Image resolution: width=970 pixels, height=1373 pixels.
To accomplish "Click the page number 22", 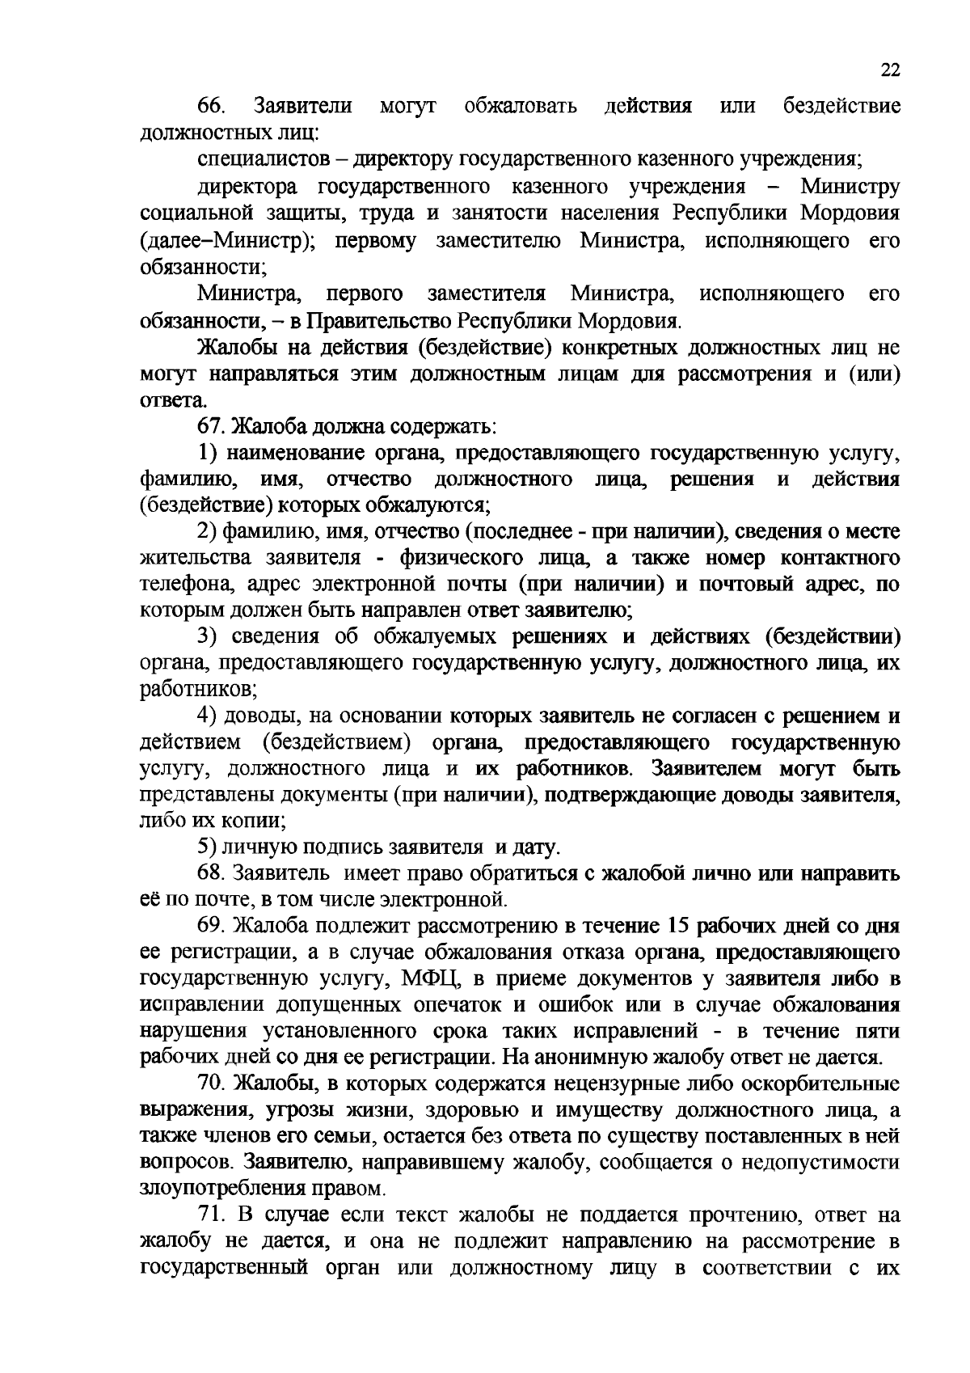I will (889, 70).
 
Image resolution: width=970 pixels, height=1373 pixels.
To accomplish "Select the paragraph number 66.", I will (213, 106).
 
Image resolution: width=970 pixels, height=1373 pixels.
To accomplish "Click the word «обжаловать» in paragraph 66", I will (521, 106).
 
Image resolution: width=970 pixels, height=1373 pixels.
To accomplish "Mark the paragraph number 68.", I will (213, 873).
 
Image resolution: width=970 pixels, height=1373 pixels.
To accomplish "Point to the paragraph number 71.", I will (213, 1215).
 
